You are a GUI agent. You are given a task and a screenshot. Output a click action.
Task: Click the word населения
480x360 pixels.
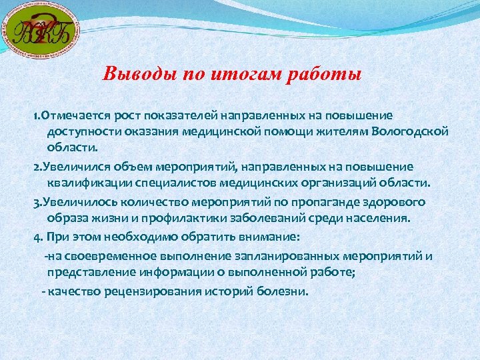375,217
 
